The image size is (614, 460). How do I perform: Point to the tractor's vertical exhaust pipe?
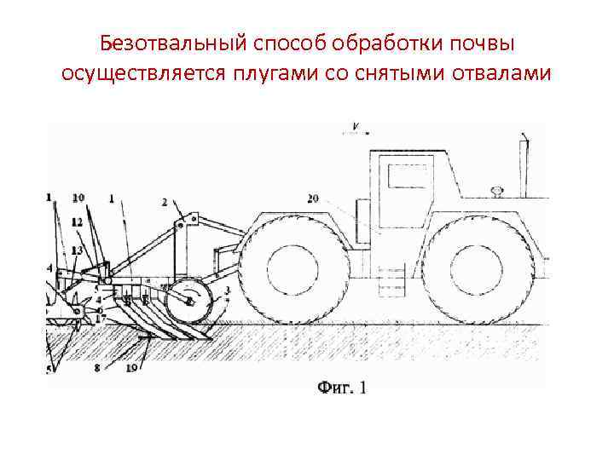[x=523, y=166]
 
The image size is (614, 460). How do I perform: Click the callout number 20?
[x=313, y=198]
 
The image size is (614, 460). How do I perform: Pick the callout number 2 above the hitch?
[x=165, y=203]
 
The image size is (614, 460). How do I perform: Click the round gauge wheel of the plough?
[x=189, y=301]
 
